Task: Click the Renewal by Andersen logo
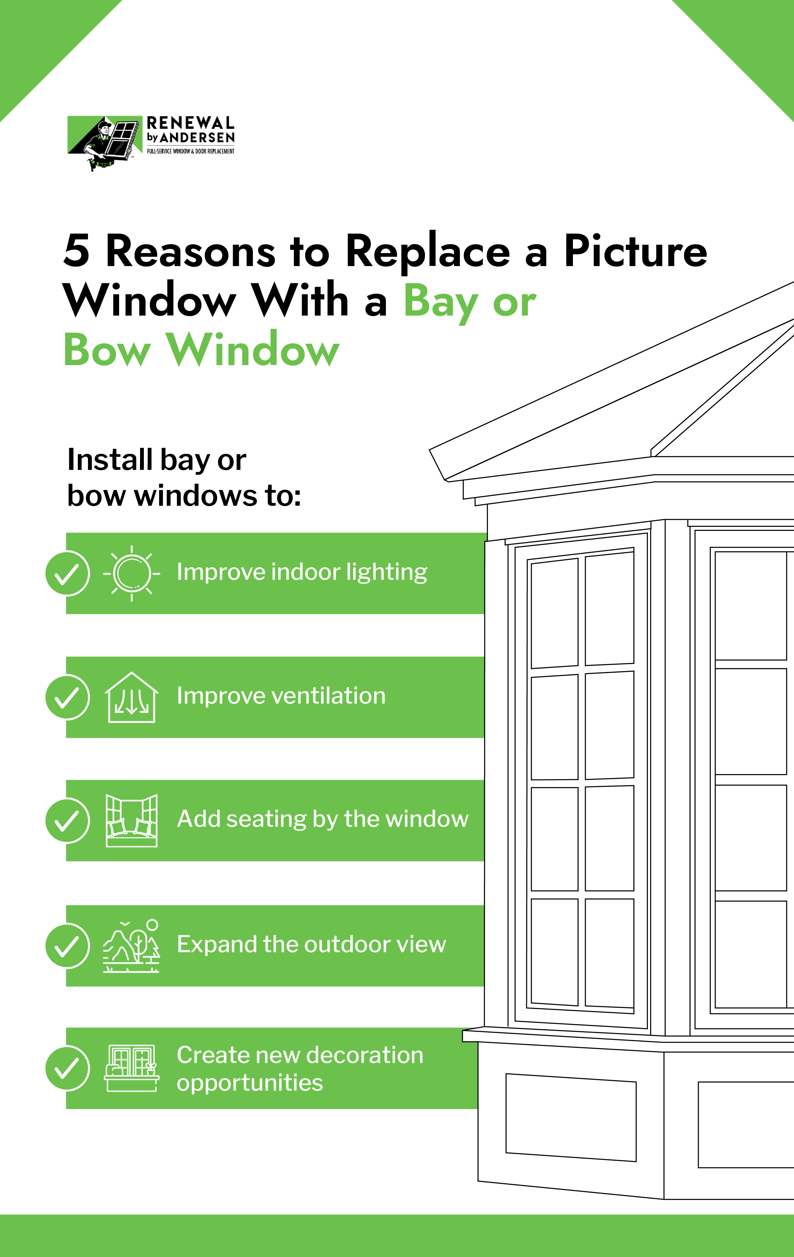pos(151,143)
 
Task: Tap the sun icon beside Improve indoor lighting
pos(131,573)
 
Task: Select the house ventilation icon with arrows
pos(131,698)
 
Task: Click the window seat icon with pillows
pos(131,821)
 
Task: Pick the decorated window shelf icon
pos(131,1068)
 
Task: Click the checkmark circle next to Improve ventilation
pos(67,698)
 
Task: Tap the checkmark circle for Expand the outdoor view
pos(67,946)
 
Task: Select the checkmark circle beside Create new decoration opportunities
pos(67,1068)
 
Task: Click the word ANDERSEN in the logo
pos(197,137)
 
